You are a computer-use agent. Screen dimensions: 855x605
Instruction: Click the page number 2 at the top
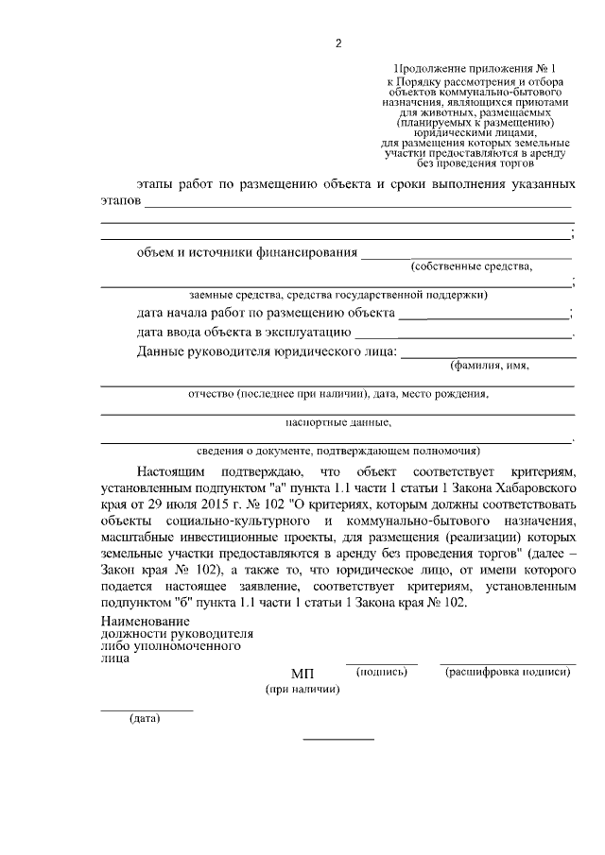337,43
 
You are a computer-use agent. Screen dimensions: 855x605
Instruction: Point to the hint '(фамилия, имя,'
490,366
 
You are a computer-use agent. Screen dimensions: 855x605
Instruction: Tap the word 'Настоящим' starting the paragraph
169,470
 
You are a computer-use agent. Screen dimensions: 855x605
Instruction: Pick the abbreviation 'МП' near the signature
302,673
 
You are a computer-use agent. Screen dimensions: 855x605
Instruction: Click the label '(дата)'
145,719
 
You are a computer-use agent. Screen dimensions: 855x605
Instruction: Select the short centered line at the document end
337,738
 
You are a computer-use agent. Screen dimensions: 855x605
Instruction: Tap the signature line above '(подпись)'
381,663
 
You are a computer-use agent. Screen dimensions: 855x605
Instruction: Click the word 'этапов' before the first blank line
120,201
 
